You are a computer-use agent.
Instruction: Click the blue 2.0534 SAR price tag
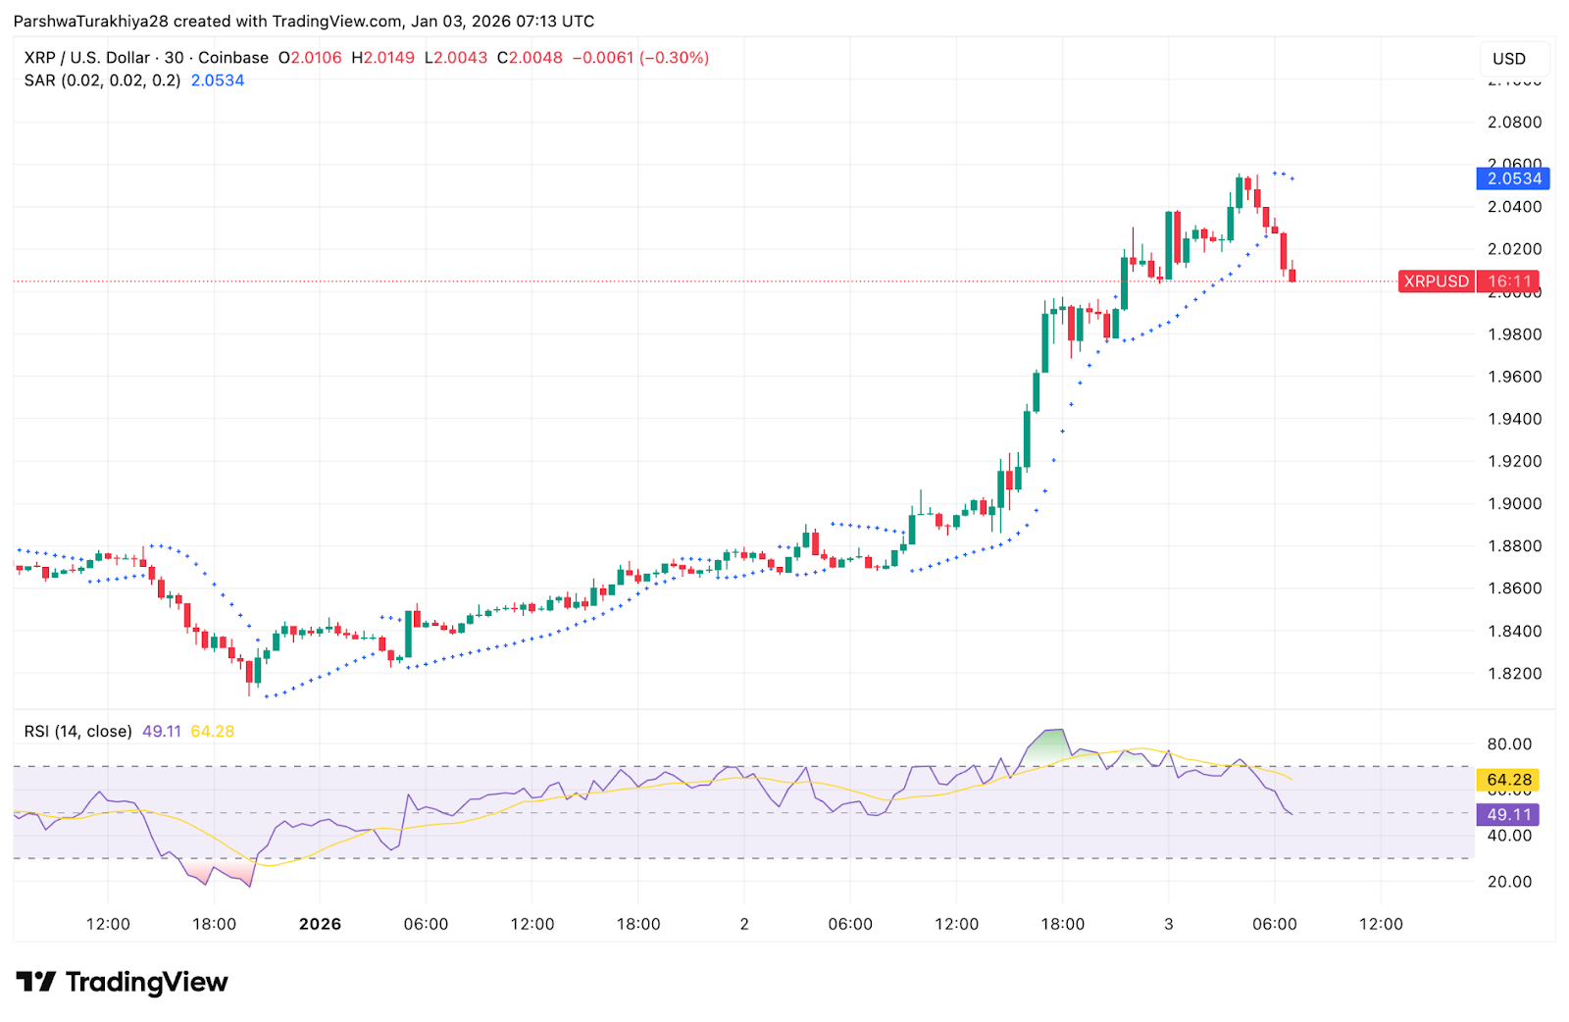pos(1514,179)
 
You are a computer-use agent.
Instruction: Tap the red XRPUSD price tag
pos(1436,281)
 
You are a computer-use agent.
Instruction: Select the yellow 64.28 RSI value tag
pos(1508,781)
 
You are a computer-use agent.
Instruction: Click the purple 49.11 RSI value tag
pos(1508,815)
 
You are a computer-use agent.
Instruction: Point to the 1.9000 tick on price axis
pos(1514,504)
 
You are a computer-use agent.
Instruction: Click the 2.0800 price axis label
pos(1514,123)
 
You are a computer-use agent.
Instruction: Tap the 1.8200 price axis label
pos(1514,674)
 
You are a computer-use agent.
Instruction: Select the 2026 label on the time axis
pos(320,924)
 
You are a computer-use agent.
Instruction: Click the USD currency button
pos(1509,59)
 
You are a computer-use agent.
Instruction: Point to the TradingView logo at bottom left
pos(122,982)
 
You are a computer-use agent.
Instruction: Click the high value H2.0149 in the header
pos(383,58)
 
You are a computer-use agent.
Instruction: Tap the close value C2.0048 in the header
pos(530,58)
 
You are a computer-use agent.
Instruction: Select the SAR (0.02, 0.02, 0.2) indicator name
pos(102,80)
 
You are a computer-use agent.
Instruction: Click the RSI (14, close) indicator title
pos(77,732)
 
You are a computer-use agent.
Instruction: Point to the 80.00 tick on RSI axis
pos(1508,744)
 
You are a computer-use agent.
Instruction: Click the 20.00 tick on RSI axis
pos(1508,882)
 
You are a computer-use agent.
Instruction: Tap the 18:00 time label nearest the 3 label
pos(1062,924)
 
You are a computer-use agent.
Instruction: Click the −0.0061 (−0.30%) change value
pos(640,58)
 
